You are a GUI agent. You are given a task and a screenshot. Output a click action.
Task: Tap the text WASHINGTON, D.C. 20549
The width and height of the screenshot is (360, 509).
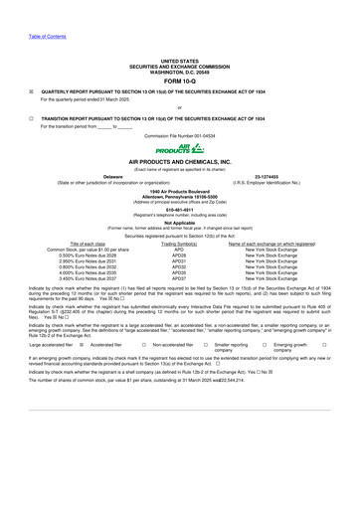click(179, 71)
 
